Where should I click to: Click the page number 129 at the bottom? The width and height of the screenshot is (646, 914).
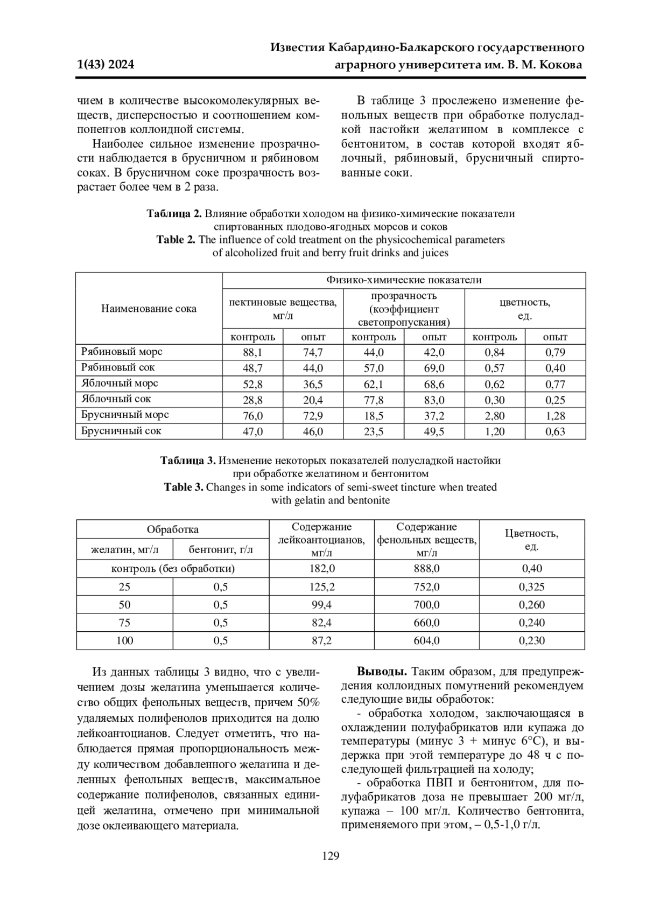click(331, 856)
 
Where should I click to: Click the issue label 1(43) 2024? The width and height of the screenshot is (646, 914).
click(106, 65)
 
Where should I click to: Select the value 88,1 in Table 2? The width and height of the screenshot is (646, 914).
click(252, 353)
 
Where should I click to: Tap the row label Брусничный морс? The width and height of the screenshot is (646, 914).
click(125, 415)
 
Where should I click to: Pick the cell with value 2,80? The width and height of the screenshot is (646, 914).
click(494, 416)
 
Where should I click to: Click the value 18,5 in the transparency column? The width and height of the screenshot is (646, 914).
click(374, 416)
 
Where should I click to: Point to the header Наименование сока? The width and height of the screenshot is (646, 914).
click(149, 309)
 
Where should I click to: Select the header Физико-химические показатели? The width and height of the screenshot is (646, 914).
click(404, 280)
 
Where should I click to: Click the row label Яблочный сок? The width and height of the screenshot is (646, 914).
click(116, 399)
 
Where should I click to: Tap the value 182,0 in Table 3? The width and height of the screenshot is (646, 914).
click(322, 569)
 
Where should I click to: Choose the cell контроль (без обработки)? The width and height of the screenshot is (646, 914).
click(173, 569)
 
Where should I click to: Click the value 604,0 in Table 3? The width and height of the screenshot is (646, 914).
click(426, 641)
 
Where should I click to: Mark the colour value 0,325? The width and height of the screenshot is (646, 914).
click(531, 587)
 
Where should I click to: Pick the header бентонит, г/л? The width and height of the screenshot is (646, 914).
click(221, 550)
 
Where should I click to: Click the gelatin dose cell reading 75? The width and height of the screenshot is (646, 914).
click(124, 623)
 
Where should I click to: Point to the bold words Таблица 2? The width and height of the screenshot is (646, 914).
click(174, 214)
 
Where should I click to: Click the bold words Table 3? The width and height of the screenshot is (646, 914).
click(184, 487)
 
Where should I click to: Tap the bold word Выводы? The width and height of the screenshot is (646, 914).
click(382, 673)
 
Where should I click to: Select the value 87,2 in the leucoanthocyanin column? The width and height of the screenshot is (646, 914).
click(322, 641)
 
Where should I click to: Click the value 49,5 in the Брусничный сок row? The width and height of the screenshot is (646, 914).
click(434, 432)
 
